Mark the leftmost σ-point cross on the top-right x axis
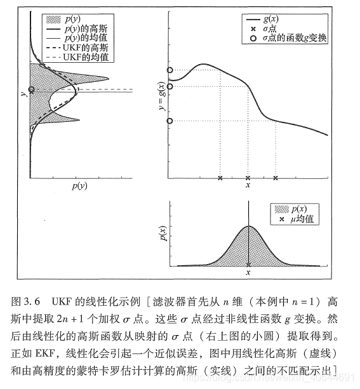220,178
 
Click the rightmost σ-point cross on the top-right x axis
275,178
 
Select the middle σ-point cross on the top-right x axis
248,178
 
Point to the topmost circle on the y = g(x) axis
170,70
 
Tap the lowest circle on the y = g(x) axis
170,121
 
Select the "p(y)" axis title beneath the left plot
80,186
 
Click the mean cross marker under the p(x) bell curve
248,265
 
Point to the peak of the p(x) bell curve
248,226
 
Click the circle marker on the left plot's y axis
30,89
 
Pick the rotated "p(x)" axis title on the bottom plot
162,232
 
